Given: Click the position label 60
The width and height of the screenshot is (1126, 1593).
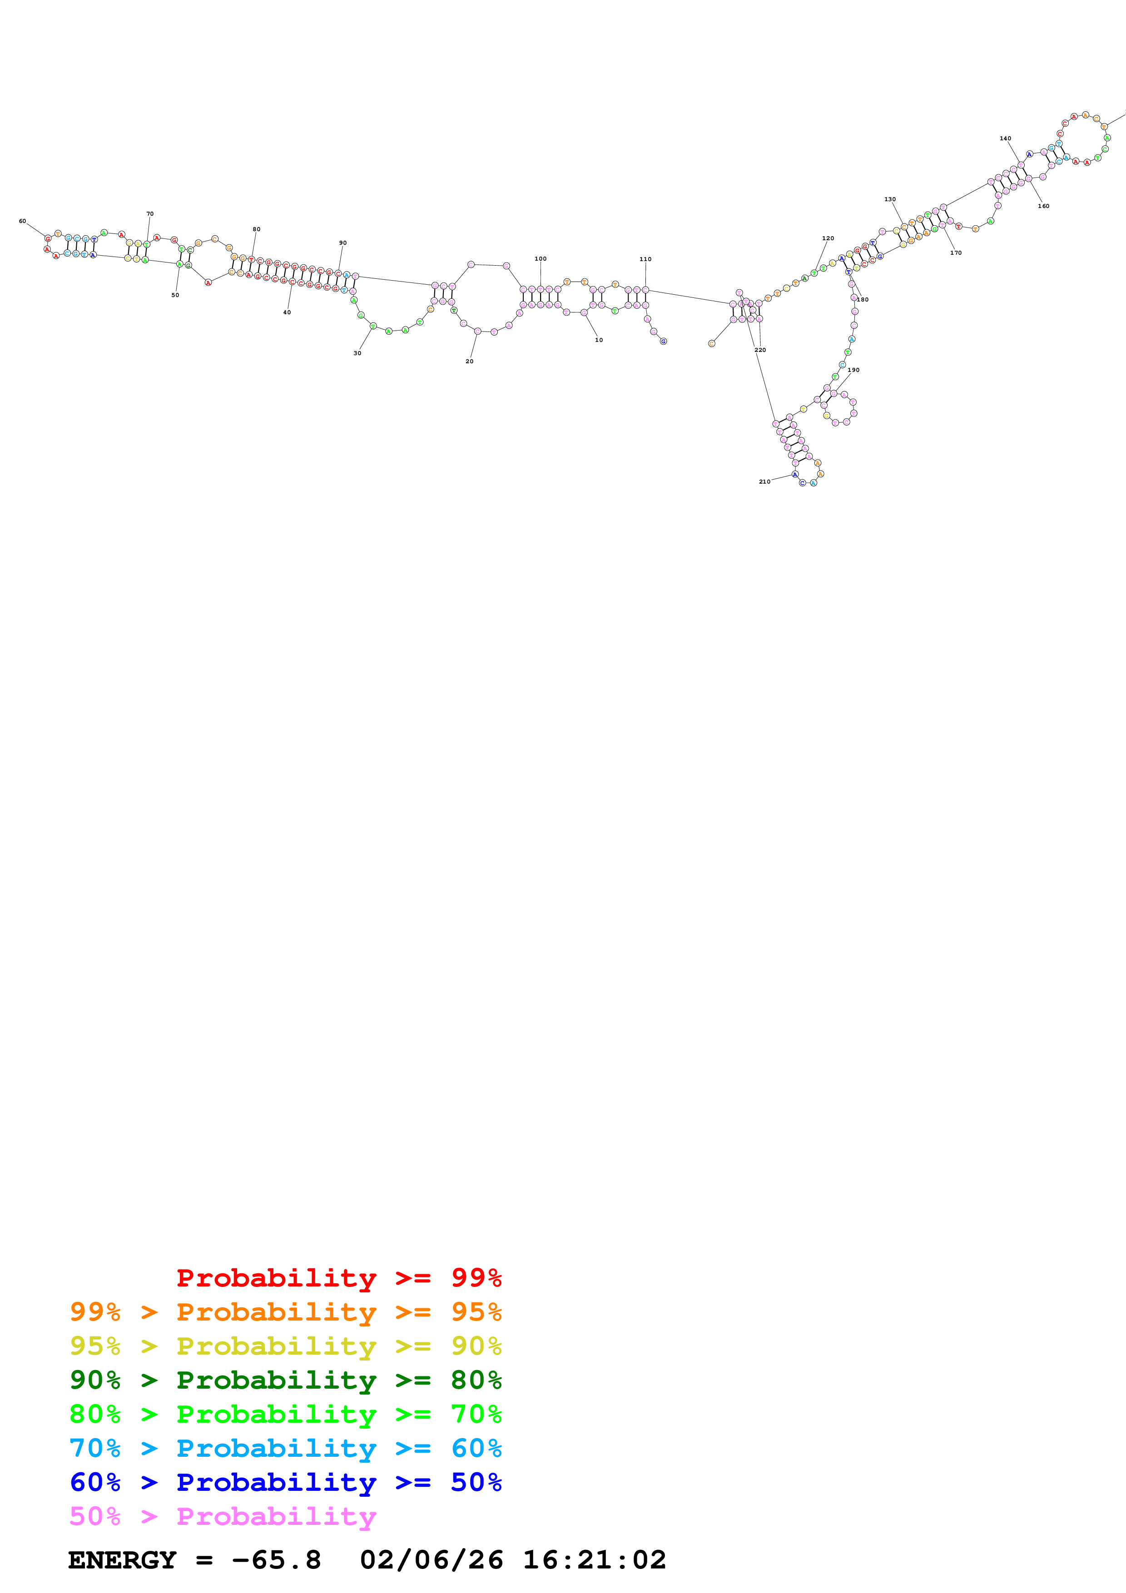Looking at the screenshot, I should pos(22,221).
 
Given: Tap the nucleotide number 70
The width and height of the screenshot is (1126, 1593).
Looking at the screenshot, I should pos(150,214).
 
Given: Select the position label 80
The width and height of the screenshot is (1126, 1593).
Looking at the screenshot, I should pos(257,229).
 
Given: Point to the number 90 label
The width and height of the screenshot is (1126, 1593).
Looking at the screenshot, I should pos(343,243).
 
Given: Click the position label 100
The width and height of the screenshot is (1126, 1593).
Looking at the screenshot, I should pos(541,259).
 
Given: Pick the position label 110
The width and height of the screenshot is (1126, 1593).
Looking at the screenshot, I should pos(645,259).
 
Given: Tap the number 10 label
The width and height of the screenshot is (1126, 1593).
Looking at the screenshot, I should pos(599,340).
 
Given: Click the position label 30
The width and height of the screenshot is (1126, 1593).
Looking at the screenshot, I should pos(357,353).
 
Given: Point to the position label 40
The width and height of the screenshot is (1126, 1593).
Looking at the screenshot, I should pos(287,312).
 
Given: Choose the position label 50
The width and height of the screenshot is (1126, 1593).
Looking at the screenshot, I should pos(175,295).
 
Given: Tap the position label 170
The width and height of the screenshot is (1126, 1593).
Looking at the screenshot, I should pos(956,252).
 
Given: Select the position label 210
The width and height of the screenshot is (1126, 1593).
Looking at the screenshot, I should pos(764,481).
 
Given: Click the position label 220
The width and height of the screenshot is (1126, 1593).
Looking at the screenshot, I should pos(760,351).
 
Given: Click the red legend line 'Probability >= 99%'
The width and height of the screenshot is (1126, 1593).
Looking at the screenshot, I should pos(338,1278).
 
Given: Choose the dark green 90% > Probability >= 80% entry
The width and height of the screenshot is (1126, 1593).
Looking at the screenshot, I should pos(285,1380).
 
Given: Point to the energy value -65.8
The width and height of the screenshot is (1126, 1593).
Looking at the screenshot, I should pos(276,1560).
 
